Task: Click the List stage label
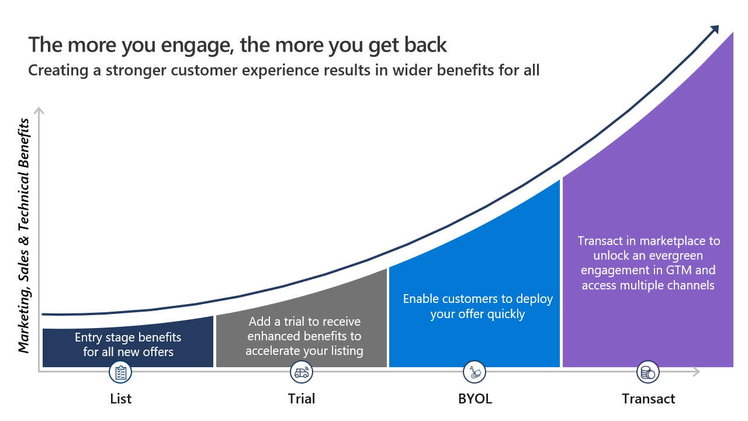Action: (121, 399)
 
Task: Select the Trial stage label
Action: (302, 399)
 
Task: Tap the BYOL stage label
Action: (475, 399)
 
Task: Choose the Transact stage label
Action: (648, 399)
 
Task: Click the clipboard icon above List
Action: (121, 372)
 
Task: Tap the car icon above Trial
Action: (302, 372)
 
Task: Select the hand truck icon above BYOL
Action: (475, 372)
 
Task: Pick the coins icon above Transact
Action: (647, 372)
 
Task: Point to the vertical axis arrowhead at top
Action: (39, 111)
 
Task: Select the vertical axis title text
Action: (24, 236)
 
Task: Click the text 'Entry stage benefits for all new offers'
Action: (128, 344)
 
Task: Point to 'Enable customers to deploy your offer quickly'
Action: (477, 306)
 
